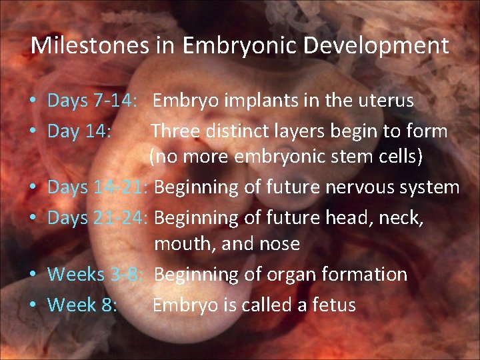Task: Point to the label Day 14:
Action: [x=79, y=131]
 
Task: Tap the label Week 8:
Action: [x=83, y=305]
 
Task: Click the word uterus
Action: [x=387, y=101]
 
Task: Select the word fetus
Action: [x=335, y=305]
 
